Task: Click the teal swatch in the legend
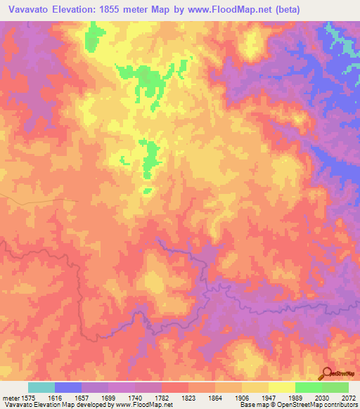(x=41, y=387)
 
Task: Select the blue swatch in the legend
(x=68, y=387)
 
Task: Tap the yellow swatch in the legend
(x=281, y=387)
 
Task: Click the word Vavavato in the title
(x=28, y=9)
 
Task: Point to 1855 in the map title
(x=125, y=9)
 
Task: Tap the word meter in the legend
(x=11, y=397)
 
